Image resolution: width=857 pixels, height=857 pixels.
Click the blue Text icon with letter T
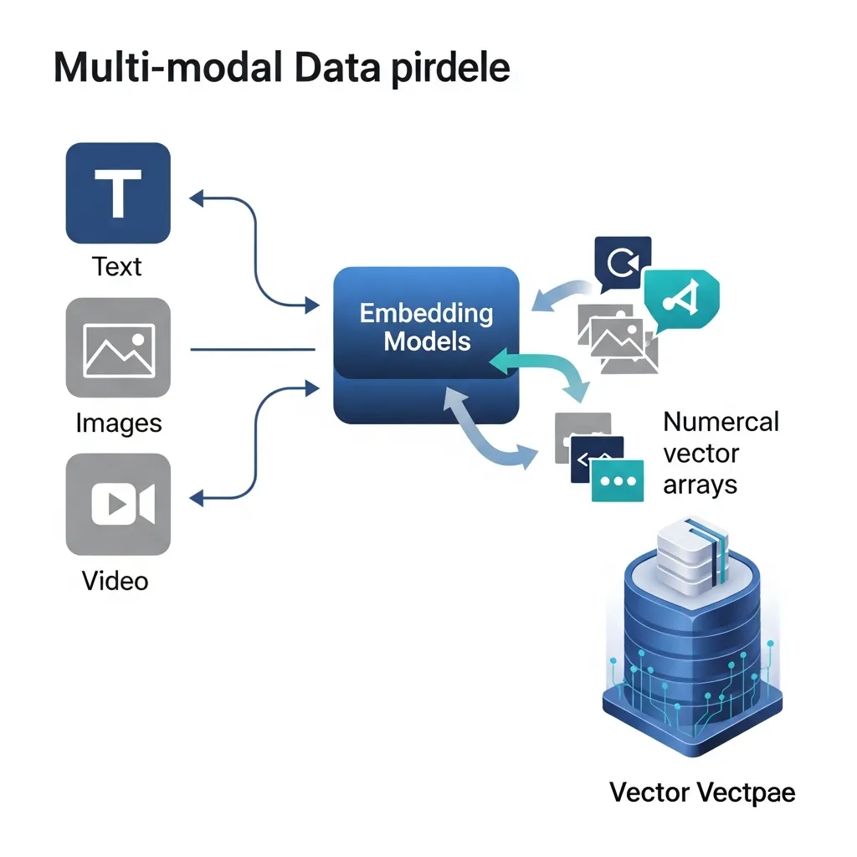pos(118,192)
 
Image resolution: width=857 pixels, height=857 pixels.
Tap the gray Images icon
pos(118,348)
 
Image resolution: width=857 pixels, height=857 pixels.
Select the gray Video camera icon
pos(118,505)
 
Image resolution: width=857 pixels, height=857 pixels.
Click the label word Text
pos(117,267)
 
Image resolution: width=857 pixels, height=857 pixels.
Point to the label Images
pos(118,423)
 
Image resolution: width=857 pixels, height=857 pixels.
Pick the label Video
pos(115,579)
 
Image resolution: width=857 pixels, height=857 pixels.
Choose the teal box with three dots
pos(617,481)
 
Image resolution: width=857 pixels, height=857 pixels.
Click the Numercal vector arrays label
pos(720,453)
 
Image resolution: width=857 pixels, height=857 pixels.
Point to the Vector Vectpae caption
pos(701,791)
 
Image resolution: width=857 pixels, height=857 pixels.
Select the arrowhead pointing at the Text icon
pos(197,198)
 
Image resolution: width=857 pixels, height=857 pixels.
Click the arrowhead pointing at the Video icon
pos(197,500)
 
